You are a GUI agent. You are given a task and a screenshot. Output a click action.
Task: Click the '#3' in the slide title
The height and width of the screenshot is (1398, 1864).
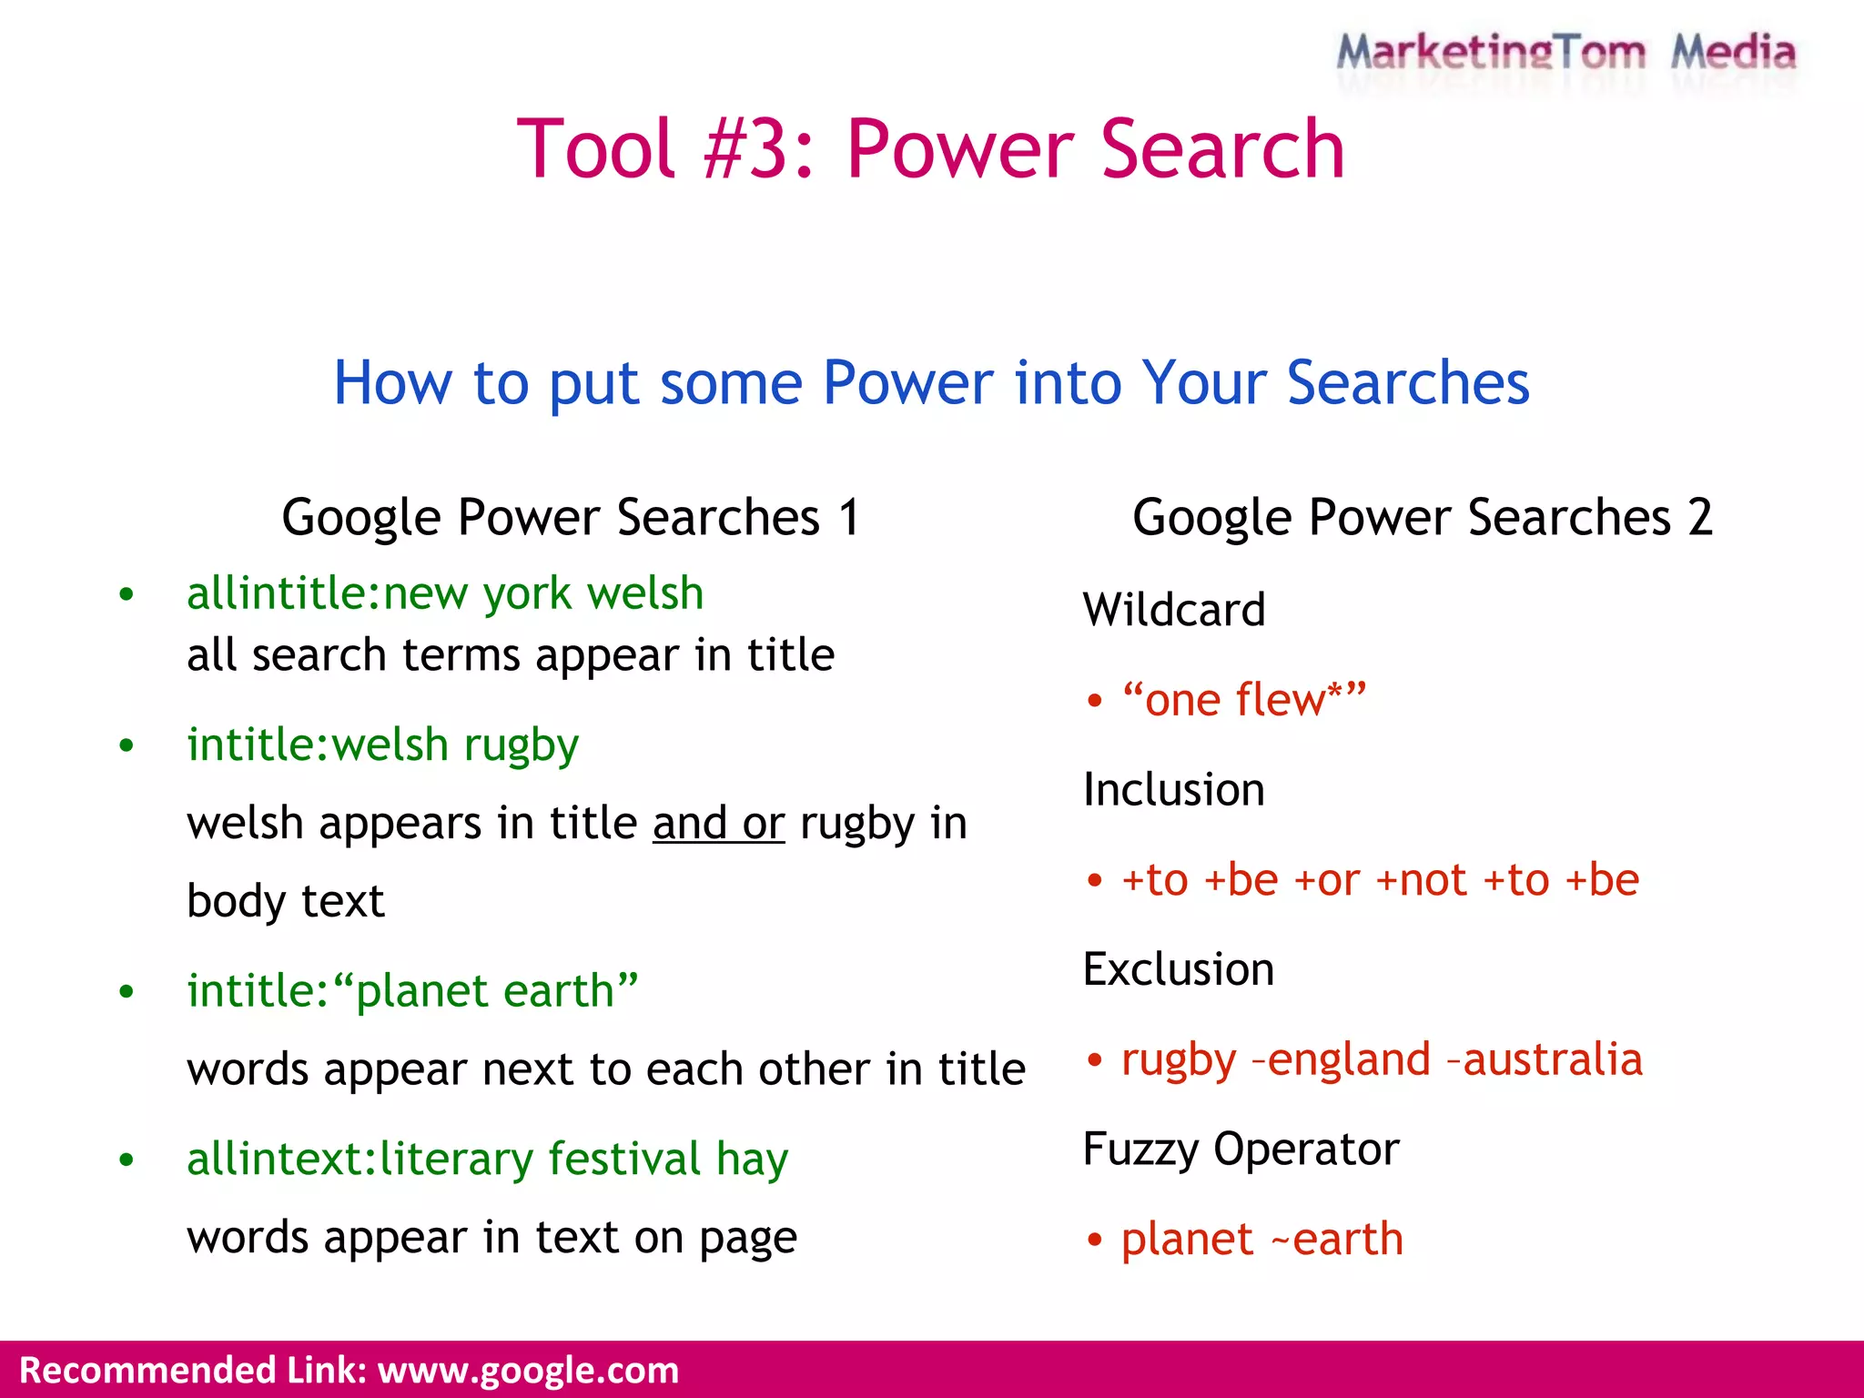[x=756, y=149]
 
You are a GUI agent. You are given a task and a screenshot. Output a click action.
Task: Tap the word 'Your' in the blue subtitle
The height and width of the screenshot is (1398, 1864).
[x=1202, y=382]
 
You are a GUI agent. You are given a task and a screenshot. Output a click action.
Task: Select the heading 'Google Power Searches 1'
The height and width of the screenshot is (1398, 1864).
[x=571, y=517]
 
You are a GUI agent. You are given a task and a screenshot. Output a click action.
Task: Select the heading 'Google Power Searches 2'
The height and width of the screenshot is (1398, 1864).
[x=1422, y=517]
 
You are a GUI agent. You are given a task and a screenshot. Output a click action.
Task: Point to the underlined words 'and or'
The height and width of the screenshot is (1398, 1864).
[x=718, y=823]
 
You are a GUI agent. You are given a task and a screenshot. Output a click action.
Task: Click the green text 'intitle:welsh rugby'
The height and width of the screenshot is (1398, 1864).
[x=382, y=745]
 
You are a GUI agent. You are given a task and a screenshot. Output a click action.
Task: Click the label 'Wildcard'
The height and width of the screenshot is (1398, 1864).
[x=1173, y=610]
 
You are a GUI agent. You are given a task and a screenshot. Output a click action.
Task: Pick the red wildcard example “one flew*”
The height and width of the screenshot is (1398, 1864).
[x=1243, y=700]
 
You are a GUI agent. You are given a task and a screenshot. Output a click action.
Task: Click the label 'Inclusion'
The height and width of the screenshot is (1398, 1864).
[x=1173, y=789]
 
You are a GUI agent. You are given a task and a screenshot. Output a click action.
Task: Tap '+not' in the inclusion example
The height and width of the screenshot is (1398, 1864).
[x=1421, y=880]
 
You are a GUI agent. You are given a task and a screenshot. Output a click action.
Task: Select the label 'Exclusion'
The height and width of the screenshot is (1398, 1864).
[x=1178, y=969]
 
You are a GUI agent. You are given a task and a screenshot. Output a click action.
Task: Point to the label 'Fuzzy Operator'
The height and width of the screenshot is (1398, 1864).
[x=1241, y=1149]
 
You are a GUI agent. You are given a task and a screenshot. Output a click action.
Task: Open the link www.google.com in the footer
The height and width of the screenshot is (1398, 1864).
[x=528, y=1371]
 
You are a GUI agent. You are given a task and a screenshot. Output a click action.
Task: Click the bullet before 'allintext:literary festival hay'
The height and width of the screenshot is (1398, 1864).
[x=127, y=1160]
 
